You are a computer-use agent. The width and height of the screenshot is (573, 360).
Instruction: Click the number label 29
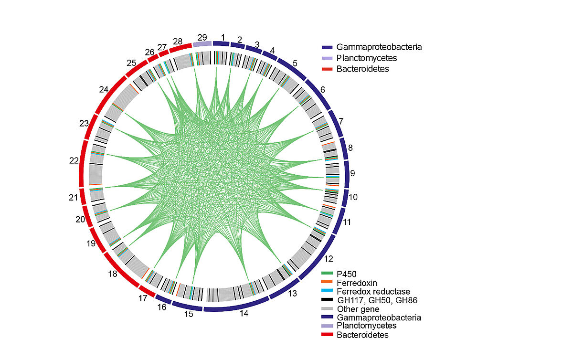[x=202, y=37]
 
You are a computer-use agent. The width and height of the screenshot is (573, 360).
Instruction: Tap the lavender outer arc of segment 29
[x=202, y=44]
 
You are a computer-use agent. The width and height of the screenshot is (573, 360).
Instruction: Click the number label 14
[x=244, y=314]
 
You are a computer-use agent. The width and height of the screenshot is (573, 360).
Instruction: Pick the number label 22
[x=74, y=161]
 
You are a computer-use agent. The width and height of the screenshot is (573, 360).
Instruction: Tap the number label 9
[x=352, y=173]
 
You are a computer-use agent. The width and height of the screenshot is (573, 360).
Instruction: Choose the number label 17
[x=142, y=299]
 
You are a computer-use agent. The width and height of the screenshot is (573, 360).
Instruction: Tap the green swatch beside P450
[x=327, y=274]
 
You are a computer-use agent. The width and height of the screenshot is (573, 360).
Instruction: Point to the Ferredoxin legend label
[x=357, y=283]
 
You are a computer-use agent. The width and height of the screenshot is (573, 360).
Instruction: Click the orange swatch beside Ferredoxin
[x=327, y=282]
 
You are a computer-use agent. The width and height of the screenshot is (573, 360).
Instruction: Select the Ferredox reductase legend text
[x=373, y=291]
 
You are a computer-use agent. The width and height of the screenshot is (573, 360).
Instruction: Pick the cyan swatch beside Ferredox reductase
[x=327, y=291]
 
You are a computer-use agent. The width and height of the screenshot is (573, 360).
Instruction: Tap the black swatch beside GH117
[x=327, y=299]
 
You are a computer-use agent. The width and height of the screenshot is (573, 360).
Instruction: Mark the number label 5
[x=295, y=64]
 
